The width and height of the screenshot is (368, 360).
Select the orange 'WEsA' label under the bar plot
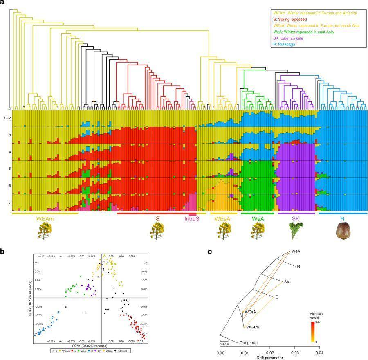tap(223, 219)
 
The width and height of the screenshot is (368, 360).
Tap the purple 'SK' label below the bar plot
tap(296, 219)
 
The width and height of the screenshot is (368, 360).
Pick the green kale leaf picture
tap(296, 232)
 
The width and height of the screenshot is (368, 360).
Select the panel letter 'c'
tap(209, 252)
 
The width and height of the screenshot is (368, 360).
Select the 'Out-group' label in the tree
tap(248, 343)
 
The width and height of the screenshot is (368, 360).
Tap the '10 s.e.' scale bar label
tap(225, 344)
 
